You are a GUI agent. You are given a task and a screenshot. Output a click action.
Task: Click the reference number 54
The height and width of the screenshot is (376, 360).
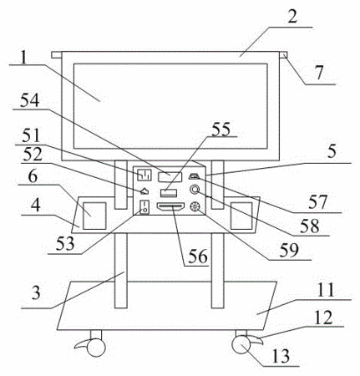tap(30, 100)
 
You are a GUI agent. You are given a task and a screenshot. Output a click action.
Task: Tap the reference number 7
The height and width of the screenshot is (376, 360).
tap(319, 73)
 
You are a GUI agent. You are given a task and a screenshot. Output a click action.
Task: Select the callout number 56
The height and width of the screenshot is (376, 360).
tap(198, 257)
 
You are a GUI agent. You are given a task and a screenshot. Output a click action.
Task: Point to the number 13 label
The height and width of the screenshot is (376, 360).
tap(281, 356)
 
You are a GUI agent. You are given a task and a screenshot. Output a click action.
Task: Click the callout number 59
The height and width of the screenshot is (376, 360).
tap(289, 250)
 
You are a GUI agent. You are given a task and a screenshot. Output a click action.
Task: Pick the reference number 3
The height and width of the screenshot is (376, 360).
tap(36, 293)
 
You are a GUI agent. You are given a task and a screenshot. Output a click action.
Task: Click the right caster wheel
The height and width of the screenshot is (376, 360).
tap(241, 344)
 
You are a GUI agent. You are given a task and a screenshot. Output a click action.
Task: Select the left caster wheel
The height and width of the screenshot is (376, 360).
tap(96, 348)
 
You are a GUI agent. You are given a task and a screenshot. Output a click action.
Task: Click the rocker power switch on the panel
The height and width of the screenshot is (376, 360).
tap(144, 207)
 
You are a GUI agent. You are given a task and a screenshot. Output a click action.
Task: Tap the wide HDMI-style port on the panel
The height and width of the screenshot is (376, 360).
tap(170, 206)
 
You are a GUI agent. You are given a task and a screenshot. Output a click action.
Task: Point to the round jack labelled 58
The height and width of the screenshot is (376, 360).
tap(195, 190)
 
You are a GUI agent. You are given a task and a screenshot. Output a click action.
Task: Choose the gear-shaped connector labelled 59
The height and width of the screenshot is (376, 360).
tap(195, 207)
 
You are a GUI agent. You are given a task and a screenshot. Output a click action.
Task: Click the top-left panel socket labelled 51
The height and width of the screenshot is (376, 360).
tap(145, 175)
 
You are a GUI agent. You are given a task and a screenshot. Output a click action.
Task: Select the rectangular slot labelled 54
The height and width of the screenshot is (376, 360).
tap(170, 177)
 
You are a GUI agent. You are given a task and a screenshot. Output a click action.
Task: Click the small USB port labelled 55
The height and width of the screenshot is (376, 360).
tap(169, 193)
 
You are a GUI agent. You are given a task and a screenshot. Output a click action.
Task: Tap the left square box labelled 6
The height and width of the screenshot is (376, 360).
tap(94, 216)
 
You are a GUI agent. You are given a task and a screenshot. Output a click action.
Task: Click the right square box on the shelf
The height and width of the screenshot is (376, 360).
tap(241, 216)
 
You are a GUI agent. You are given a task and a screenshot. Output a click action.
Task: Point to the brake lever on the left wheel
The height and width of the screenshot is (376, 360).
tap(81, 344)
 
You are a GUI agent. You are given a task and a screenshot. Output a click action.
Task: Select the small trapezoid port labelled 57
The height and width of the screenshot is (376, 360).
tap(195, 176)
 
